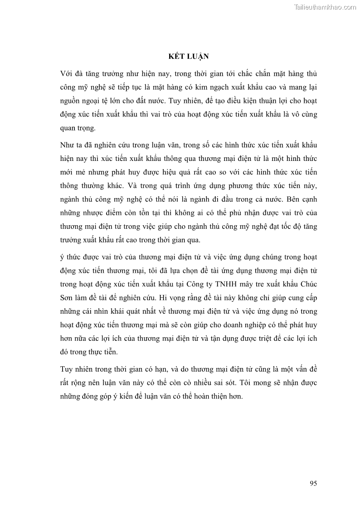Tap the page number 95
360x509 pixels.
pos(313,483)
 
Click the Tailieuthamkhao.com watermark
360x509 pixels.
pos(325,7)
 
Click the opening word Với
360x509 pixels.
pos(67,73)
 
